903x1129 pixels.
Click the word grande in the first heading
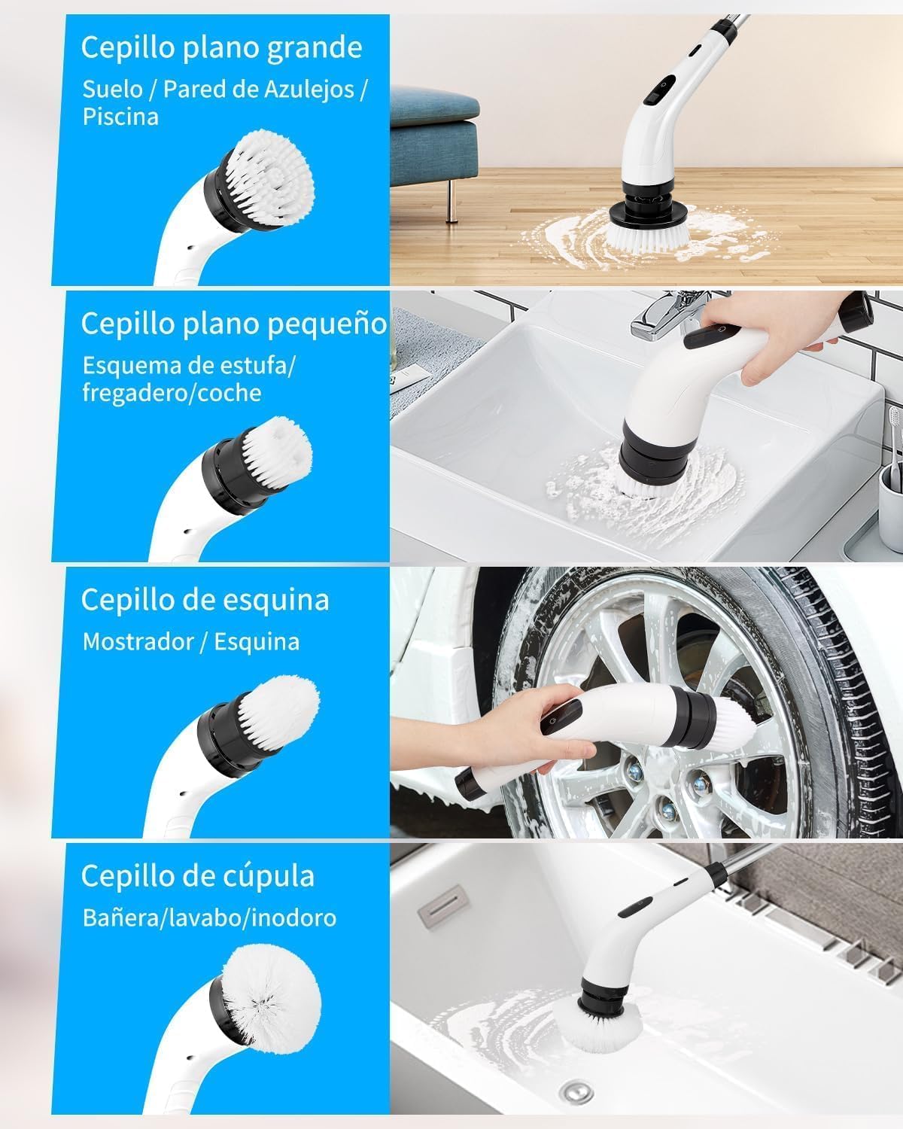point(315,48)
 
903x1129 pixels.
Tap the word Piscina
point(120,116)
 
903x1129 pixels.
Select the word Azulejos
point(309,90)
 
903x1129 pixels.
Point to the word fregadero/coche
point(172,392)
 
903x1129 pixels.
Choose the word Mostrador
point(138,641)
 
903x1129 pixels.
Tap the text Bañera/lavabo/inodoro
point(209,918)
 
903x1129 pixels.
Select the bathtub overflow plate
point(444,907)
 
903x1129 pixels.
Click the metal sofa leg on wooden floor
point(449,202)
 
